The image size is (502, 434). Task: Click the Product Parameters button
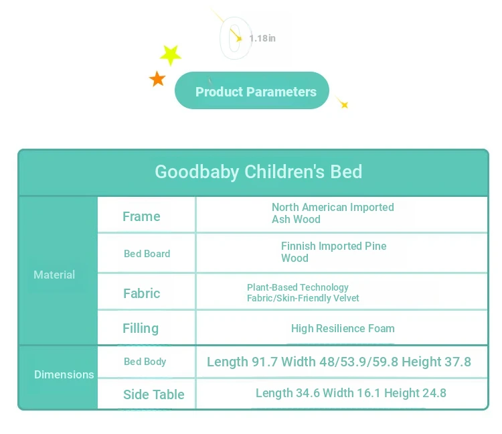(x=252, y=90)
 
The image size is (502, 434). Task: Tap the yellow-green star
(x=170, y=55)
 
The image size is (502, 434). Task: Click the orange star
(x=157, y=79)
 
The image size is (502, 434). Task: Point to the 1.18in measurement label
(x=262, y=38)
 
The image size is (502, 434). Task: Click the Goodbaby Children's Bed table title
(x=258, y=171)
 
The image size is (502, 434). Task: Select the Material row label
(x=54, y=275)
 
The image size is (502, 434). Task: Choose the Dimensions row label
(x=64, y=374)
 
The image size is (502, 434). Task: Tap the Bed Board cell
(x=147, y=254)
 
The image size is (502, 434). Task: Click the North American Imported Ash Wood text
(x=333, y=214)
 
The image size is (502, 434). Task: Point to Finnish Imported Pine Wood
(x=333, y=252)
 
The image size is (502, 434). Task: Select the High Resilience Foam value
(x=343, y=329)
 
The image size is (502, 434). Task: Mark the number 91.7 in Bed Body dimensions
(x=264, y=362)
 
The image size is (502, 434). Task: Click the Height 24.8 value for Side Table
(x=415, y=393)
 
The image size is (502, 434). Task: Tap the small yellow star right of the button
(x=344, y=104)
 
